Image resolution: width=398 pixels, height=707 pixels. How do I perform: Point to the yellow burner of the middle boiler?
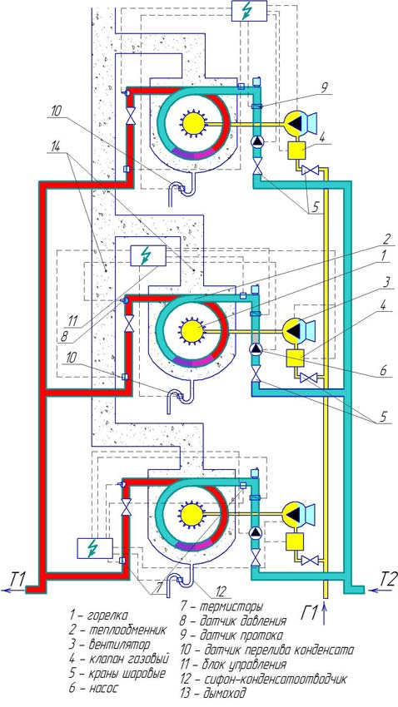coord(192,330)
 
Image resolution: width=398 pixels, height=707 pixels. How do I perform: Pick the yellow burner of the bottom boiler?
coord(191,515)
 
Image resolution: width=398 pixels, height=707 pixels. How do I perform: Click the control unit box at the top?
coord(249,11)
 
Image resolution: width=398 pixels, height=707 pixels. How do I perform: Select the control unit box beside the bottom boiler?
coord(95,548)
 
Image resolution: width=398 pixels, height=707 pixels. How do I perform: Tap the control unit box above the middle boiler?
coord(147,255)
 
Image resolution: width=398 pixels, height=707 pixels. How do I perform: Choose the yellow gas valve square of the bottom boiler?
coord(294,541)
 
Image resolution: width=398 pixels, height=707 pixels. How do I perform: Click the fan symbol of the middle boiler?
coord(298,331)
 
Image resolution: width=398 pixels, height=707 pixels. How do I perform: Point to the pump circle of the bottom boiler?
coord(256,533)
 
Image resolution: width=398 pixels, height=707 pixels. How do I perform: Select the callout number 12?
coord(219,591)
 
